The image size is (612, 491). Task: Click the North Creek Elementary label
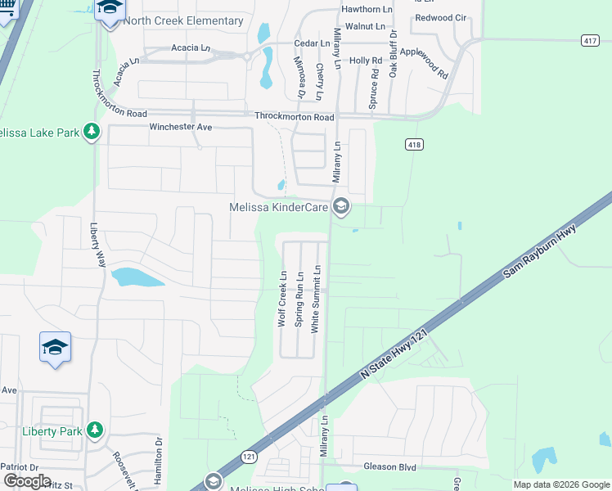click(183, 20)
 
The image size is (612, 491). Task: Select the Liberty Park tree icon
click(95, 430)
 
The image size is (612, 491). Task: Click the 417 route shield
click(591, 39)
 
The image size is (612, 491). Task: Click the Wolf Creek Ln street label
click(281, 299)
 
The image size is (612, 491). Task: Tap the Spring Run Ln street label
click(299, 298)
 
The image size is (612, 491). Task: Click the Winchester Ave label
click(180, 127)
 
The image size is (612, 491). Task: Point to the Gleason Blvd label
click(390, 467)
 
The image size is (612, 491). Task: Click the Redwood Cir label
click(440, 17)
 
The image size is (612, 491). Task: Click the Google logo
click(27, 481)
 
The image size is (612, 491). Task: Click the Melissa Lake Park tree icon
click(92, 132)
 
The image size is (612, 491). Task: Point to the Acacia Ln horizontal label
click(190, 47)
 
